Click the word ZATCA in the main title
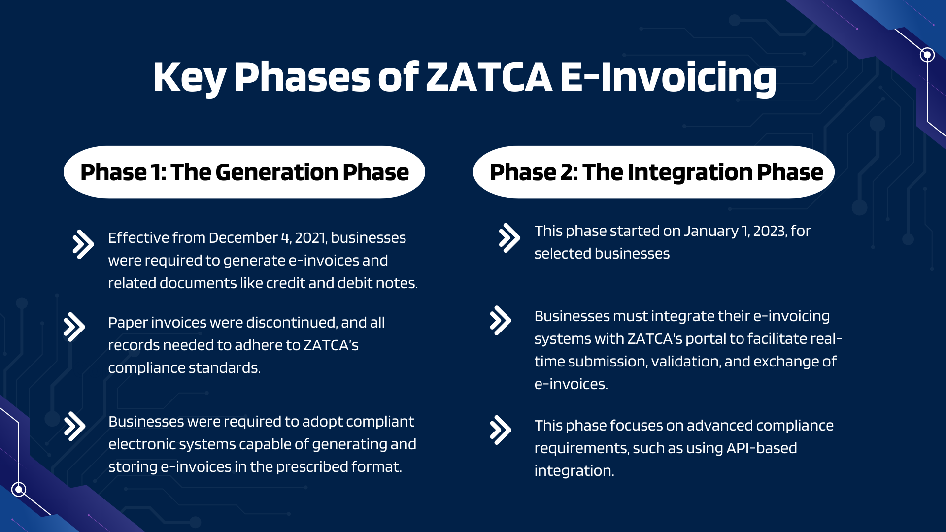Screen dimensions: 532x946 [x=489, y=77]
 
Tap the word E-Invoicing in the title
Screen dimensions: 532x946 [x=668, y=77]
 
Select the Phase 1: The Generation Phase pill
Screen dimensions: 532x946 [x=244, y=172]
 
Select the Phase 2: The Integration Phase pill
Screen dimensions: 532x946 [x=653, y=172]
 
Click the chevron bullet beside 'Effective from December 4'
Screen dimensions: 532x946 [x=83, y=244]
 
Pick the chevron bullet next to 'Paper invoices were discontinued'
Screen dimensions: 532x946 [x=74, y=327]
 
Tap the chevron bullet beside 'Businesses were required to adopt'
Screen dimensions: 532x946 [x=74, y=426]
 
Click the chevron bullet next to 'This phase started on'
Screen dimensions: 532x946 [x=509, y=238]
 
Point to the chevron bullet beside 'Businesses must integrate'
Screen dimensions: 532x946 [x=501, y=320]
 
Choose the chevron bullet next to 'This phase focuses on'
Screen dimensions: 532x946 [x=501, y=430]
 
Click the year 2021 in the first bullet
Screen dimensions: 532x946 [x=310, y=238]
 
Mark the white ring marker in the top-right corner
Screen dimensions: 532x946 [x=927, y=55]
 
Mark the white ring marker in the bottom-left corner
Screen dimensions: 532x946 [x=19, y=489]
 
